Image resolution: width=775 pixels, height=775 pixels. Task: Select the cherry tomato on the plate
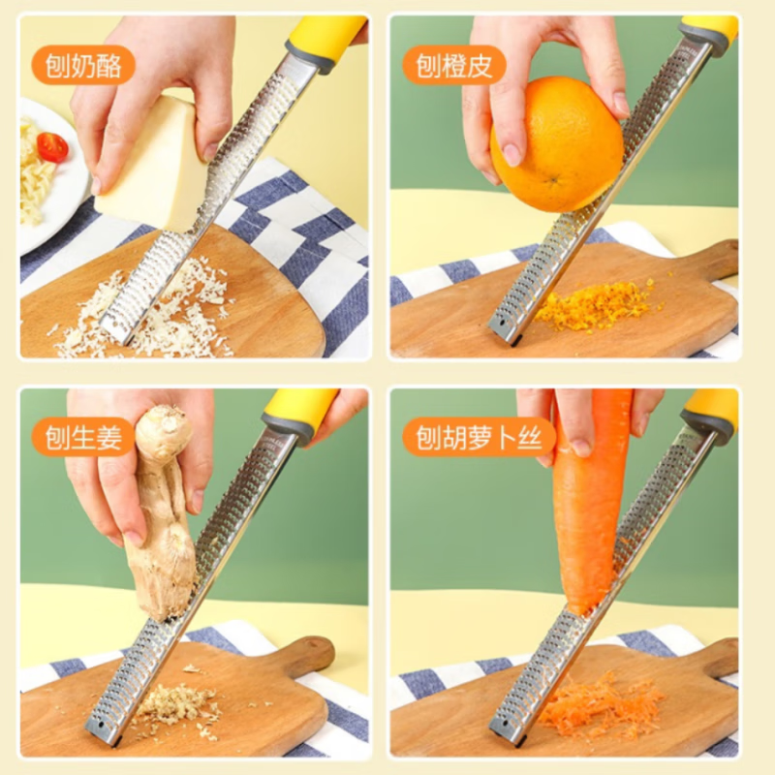click(52, 146)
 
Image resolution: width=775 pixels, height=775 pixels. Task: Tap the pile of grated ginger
click(174, 702)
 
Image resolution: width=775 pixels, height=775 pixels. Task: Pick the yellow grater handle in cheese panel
click(325, 39)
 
